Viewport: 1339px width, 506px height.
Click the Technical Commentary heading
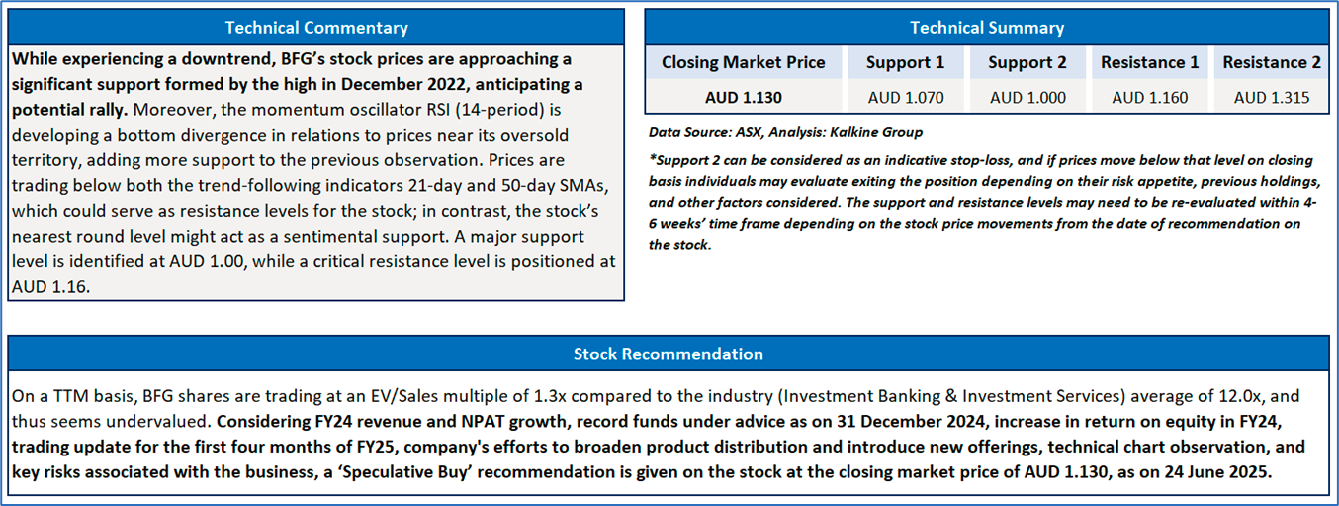click(316, 28)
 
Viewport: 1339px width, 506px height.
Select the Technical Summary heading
click(987, 28)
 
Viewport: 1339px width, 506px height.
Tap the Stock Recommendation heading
click(669, 354)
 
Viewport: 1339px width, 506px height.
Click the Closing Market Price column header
click(743, 62)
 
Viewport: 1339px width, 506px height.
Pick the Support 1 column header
click(905, 62)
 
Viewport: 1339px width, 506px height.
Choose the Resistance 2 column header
click(1272, 62)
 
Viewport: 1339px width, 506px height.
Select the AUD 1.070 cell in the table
click(906, 98)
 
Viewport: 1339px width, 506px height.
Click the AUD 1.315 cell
click(1272, 98)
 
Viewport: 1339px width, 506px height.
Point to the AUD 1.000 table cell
click(1027, 98)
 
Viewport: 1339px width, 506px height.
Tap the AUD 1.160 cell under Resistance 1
click(1149, 98)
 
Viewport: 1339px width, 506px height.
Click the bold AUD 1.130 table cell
click(743, 98)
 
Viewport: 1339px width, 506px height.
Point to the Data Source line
click(785, 132)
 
